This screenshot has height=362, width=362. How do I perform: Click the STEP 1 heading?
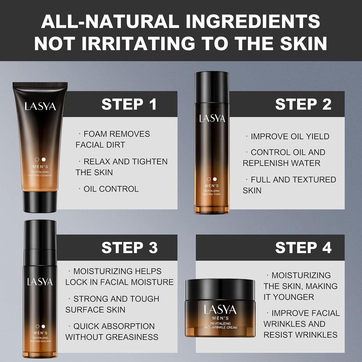tap(129, 104)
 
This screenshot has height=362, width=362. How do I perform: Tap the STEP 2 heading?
tap(303, 104)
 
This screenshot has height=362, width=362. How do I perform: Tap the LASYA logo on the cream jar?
tap(220, 310)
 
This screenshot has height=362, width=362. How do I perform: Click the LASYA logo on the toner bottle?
tap(212, 118)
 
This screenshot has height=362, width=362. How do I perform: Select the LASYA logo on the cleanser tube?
tap(40, 107)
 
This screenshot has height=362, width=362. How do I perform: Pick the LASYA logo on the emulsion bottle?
tap(40, 282)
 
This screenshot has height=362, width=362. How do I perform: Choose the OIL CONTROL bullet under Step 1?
tap(111, 189)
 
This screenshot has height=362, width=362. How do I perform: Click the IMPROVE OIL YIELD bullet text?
tap(290, 136)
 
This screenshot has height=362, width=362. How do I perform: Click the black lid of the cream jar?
tap(220, 289)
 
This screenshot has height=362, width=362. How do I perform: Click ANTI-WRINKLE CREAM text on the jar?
tap(220, 327)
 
